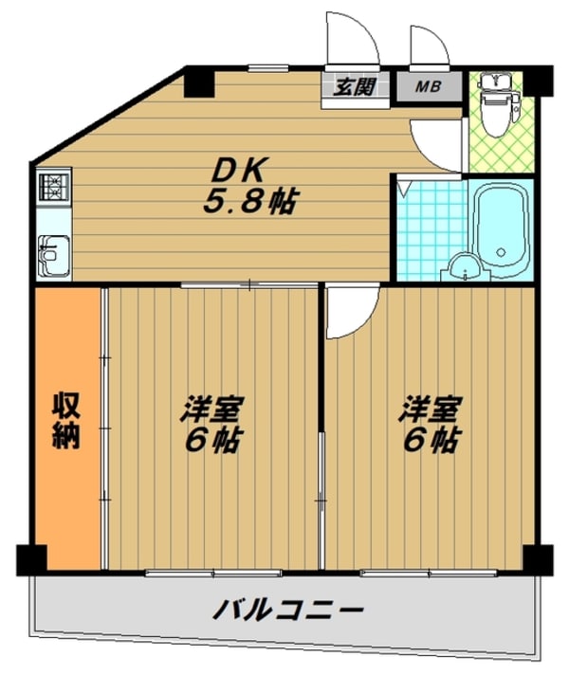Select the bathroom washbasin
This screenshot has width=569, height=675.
[x=463, y=267]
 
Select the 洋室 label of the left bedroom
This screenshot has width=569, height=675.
[x=212, y=410]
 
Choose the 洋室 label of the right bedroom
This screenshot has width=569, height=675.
[x=430, y=410]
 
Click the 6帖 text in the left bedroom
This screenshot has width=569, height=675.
[x=214, y=441]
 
